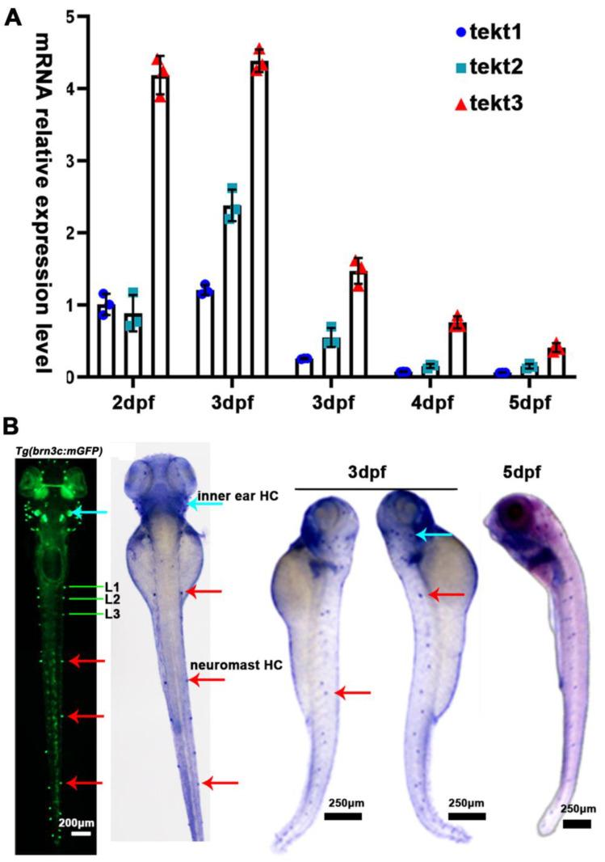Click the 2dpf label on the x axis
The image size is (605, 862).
(132, 402)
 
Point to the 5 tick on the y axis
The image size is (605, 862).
(72, 17)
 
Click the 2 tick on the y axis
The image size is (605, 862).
(72, 233)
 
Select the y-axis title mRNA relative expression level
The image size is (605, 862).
(40, 202)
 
